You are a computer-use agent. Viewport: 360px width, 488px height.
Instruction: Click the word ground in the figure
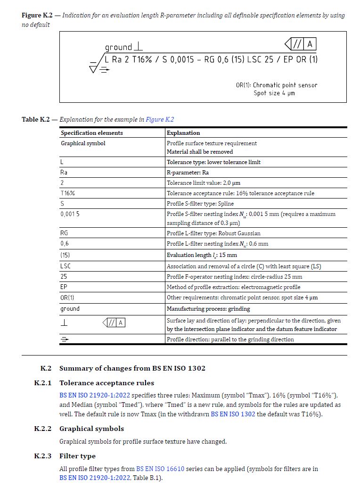pyautogui.click(x=119, y=48)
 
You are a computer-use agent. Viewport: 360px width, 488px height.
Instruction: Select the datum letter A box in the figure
pyautogui.click(x=309, y=44)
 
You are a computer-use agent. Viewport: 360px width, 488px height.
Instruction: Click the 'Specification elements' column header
pyautogui.click(x=92, y=133)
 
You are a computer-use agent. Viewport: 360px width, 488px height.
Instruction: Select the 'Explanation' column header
pyautogui.click(x=183, y=133)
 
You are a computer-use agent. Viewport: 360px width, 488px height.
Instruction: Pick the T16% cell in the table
pyautogui.click(x=68, y=193)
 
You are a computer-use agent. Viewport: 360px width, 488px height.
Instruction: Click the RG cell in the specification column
pyautogui.click(x=64, y=233)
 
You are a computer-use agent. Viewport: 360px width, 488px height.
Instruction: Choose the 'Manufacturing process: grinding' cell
pyautogui.click(x=208, y=309)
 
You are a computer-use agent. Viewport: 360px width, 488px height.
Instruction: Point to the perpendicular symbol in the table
pyautogui.click(x=64, y=323)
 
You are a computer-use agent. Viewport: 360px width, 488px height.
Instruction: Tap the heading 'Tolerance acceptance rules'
pyautogui.click(x=106, y=383)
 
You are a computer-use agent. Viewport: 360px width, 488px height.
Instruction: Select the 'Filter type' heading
pyautogui.click(x=77, y=456)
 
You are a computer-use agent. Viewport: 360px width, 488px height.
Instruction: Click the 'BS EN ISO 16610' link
pyautogui.click(x=160, y=469)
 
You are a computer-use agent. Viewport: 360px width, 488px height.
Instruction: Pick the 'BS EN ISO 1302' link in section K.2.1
pyautogui.click(x=233, y=414)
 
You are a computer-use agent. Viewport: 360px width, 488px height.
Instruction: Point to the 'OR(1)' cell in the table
pyautogui.click(x=67, y=298)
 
